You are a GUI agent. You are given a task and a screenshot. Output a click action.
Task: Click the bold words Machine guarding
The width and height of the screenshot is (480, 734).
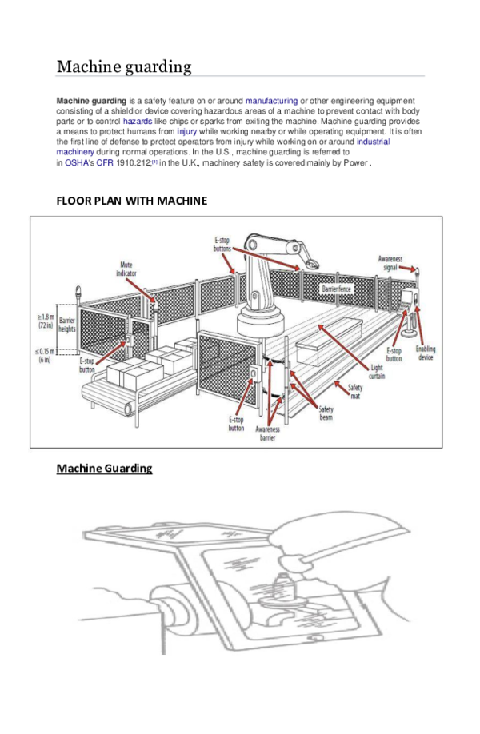point(91,101)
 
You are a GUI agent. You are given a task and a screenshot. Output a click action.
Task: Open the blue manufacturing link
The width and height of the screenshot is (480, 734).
point(271,101)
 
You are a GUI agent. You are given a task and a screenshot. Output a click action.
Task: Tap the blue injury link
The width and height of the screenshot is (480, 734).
point(186,130)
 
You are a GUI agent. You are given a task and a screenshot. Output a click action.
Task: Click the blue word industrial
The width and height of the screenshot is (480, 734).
point(374,141)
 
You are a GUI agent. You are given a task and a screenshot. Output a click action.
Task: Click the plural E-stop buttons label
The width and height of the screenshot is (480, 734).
point(222,244)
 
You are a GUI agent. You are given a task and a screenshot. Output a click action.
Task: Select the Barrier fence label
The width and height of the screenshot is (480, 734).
point(337,289)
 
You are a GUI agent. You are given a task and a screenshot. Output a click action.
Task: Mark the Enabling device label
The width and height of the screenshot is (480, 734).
point(426,353)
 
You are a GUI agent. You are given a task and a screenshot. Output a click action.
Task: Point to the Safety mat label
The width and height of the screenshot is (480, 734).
point(354,392)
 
